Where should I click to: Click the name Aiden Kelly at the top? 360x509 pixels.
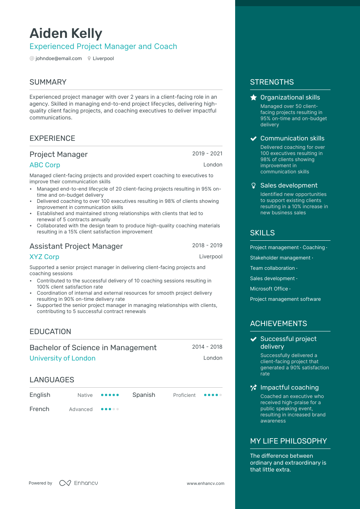(x=66, y=34)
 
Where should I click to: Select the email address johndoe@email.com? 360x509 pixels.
(x=59, y=59)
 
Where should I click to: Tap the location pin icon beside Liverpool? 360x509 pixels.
(x=89, y=59)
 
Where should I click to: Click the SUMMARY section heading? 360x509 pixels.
(x=48, y=82)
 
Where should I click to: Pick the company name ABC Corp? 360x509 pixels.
(x=45, y=165)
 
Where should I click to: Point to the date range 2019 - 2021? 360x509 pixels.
(x=207, y=153)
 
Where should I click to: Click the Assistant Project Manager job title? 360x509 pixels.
(x=76, y=246)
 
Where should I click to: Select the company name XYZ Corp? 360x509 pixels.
(x=44, y=257)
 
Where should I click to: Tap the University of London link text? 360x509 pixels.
(x=62, y=358)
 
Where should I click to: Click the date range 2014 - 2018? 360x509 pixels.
(x=207, y=347)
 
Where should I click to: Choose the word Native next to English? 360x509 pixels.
(x=85, y=395)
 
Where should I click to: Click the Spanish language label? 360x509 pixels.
(x=144, y=395)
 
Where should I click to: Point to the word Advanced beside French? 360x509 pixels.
(x=81, y=409)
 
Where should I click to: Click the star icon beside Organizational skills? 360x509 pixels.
(x=254, y=98)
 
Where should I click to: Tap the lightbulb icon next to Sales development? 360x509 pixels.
(x=254, y=186)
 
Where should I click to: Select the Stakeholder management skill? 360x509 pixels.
(x=280, y=258)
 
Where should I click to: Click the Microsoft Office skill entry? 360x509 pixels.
(x=269, y=289)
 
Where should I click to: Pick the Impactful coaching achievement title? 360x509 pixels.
(x=290, y=388)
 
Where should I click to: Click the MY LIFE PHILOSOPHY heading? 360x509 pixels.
(x=288, y=441)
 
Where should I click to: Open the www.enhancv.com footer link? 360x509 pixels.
(x=206, y=483)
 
